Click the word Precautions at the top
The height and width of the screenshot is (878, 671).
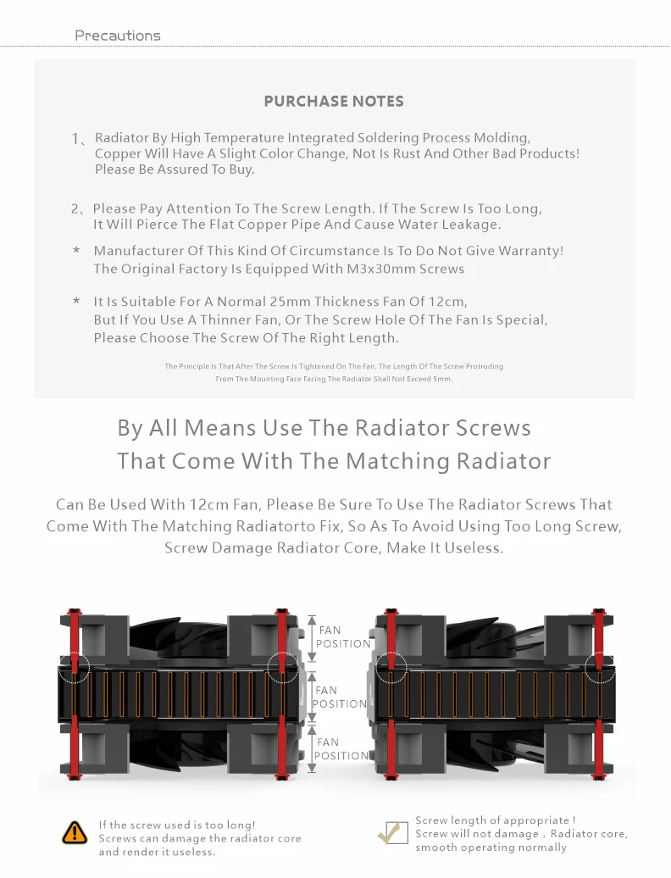[x=117, y=36]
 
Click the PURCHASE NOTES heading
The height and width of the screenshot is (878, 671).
[x=334, y=101]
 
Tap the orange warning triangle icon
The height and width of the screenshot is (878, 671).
[x=75, y=832]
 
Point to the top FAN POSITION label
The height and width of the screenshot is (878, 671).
[x=343, y=636]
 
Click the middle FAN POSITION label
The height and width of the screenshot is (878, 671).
[x=340, y=697]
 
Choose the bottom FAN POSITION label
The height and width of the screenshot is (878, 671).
[x=342, y=748]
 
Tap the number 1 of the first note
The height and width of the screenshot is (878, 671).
[x=75, y=138]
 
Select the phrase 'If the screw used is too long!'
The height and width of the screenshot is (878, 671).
[x=177, y=825]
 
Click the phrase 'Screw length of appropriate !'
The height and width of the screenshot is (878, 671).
[x=496, y=820]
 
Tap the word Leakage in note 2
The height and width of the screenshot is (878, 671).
[x=473, y=225]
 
